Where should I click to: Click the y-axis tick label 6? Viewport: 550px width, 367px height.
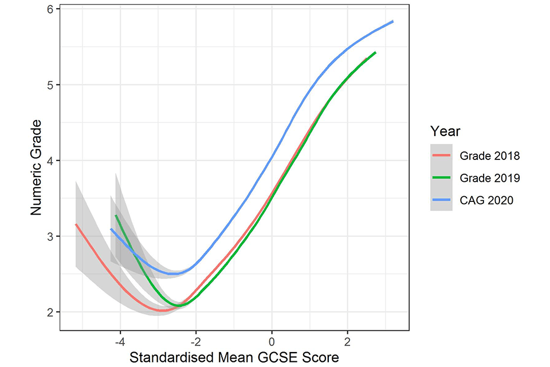click(50, 10)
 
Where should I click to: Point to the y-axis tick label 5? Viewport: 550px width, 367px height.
click(50, 85)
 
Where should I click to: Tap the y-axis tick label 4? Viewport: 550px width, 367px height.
click(50, 161)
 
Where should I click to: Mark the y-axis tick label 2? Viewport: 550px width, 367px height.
click(50, 313)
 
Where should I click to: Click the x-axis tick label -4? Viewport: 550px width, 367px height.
click(120, 342)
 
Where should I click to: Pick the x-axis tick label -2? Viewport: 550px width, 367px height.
click(195, 342)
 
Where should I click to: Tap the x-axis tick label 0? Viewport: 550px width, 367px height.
click(272, 342)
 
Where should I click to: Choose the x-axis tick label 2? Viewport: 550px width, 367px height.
click(347, 342)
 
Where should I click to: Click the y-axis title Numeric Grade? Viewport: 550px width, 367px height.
click(36, 168)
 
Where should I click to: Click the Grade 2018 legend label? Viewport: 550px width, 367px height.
click(490, 155)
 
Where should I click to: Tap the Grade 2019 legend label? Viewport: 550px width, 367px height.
click(490, 178)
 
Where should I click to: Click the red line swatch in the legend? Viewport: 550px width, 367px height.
click(442, 155)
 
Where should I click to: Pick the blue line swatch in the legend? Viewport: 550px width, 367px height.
click(442, 201)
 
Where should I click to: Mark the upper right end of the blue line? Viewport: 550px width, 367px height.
click(393, 21)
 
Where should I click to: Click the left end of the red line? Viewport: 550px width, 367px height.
click(76, 224)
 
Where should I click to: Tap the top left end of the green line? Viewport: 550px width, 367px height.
click(116, 216)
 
